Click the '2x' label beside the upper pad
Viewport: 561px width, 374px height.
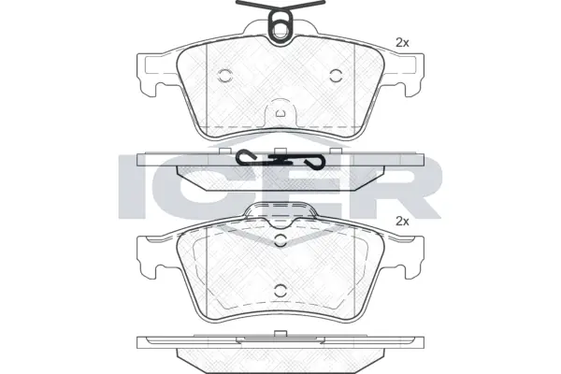pyautogui.click(x=403, y=42)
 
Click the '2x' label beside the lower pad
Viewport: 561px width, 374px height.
pyautogui.click(x=403, y=222)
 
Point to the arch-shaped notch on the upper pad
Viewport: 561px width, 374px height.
pyautogui.click(x=280, y=113)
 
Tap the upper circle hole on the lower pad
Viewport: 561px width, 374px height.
pyautogui.click(x=280, y=241)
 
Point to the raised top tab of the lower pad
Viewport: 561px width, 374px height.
pyautogui.click(x=280, y=216)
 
